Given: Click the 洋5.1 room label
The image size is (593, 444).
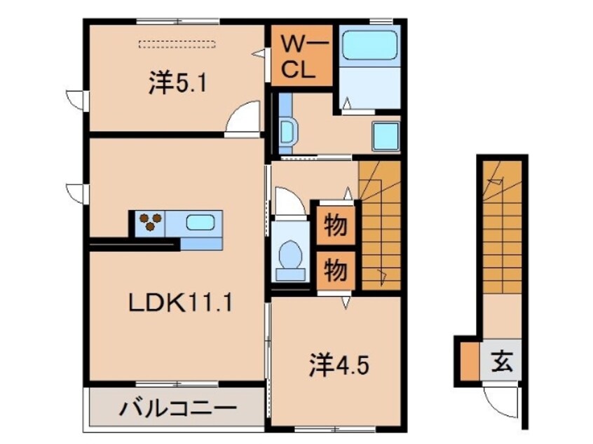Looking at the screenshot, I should [167, 85].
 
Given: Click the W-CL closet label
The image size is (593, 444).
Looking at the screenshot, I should [301, 55].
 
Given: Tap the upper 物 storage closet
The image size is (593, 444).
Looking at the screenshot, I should [334, 226].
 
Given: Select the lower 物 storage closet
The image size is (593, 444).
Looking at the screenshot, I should [334, 269].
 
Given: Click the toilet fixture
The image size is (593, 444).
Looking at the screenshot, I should [289, 256].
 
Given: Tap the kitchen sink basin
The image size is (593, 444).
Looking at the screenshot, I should [201, 223].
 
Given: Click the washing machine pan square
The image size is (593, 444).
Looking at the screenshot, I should [385, 135].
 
